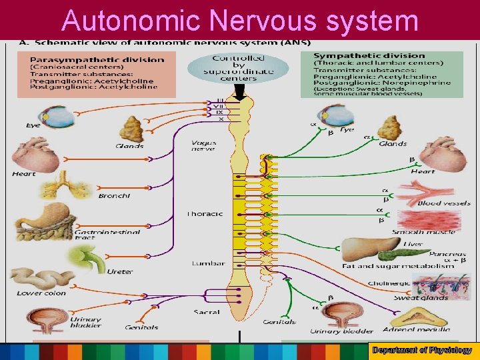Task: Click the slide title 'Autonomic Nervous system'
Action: coord(240,20)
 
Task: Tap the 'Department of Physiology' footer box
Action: coord(422,350)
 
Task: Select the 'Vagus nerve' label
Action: coord(203,146)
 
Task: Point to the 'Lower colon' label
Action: coord(41,293)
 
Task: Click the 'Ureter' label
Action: coord(120,271)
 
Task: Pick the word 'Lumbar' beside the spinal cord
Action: coord(208,263)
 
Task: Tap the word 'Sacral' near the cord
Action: coord(206,312)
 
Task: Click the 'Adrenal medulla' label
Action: coord(417,329)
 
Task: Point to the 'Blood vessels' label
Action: coord(443,203)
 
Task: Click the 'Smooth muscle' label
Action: coord(423,232)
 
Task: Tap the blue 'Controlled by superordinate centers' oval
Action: coord(238,69)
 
